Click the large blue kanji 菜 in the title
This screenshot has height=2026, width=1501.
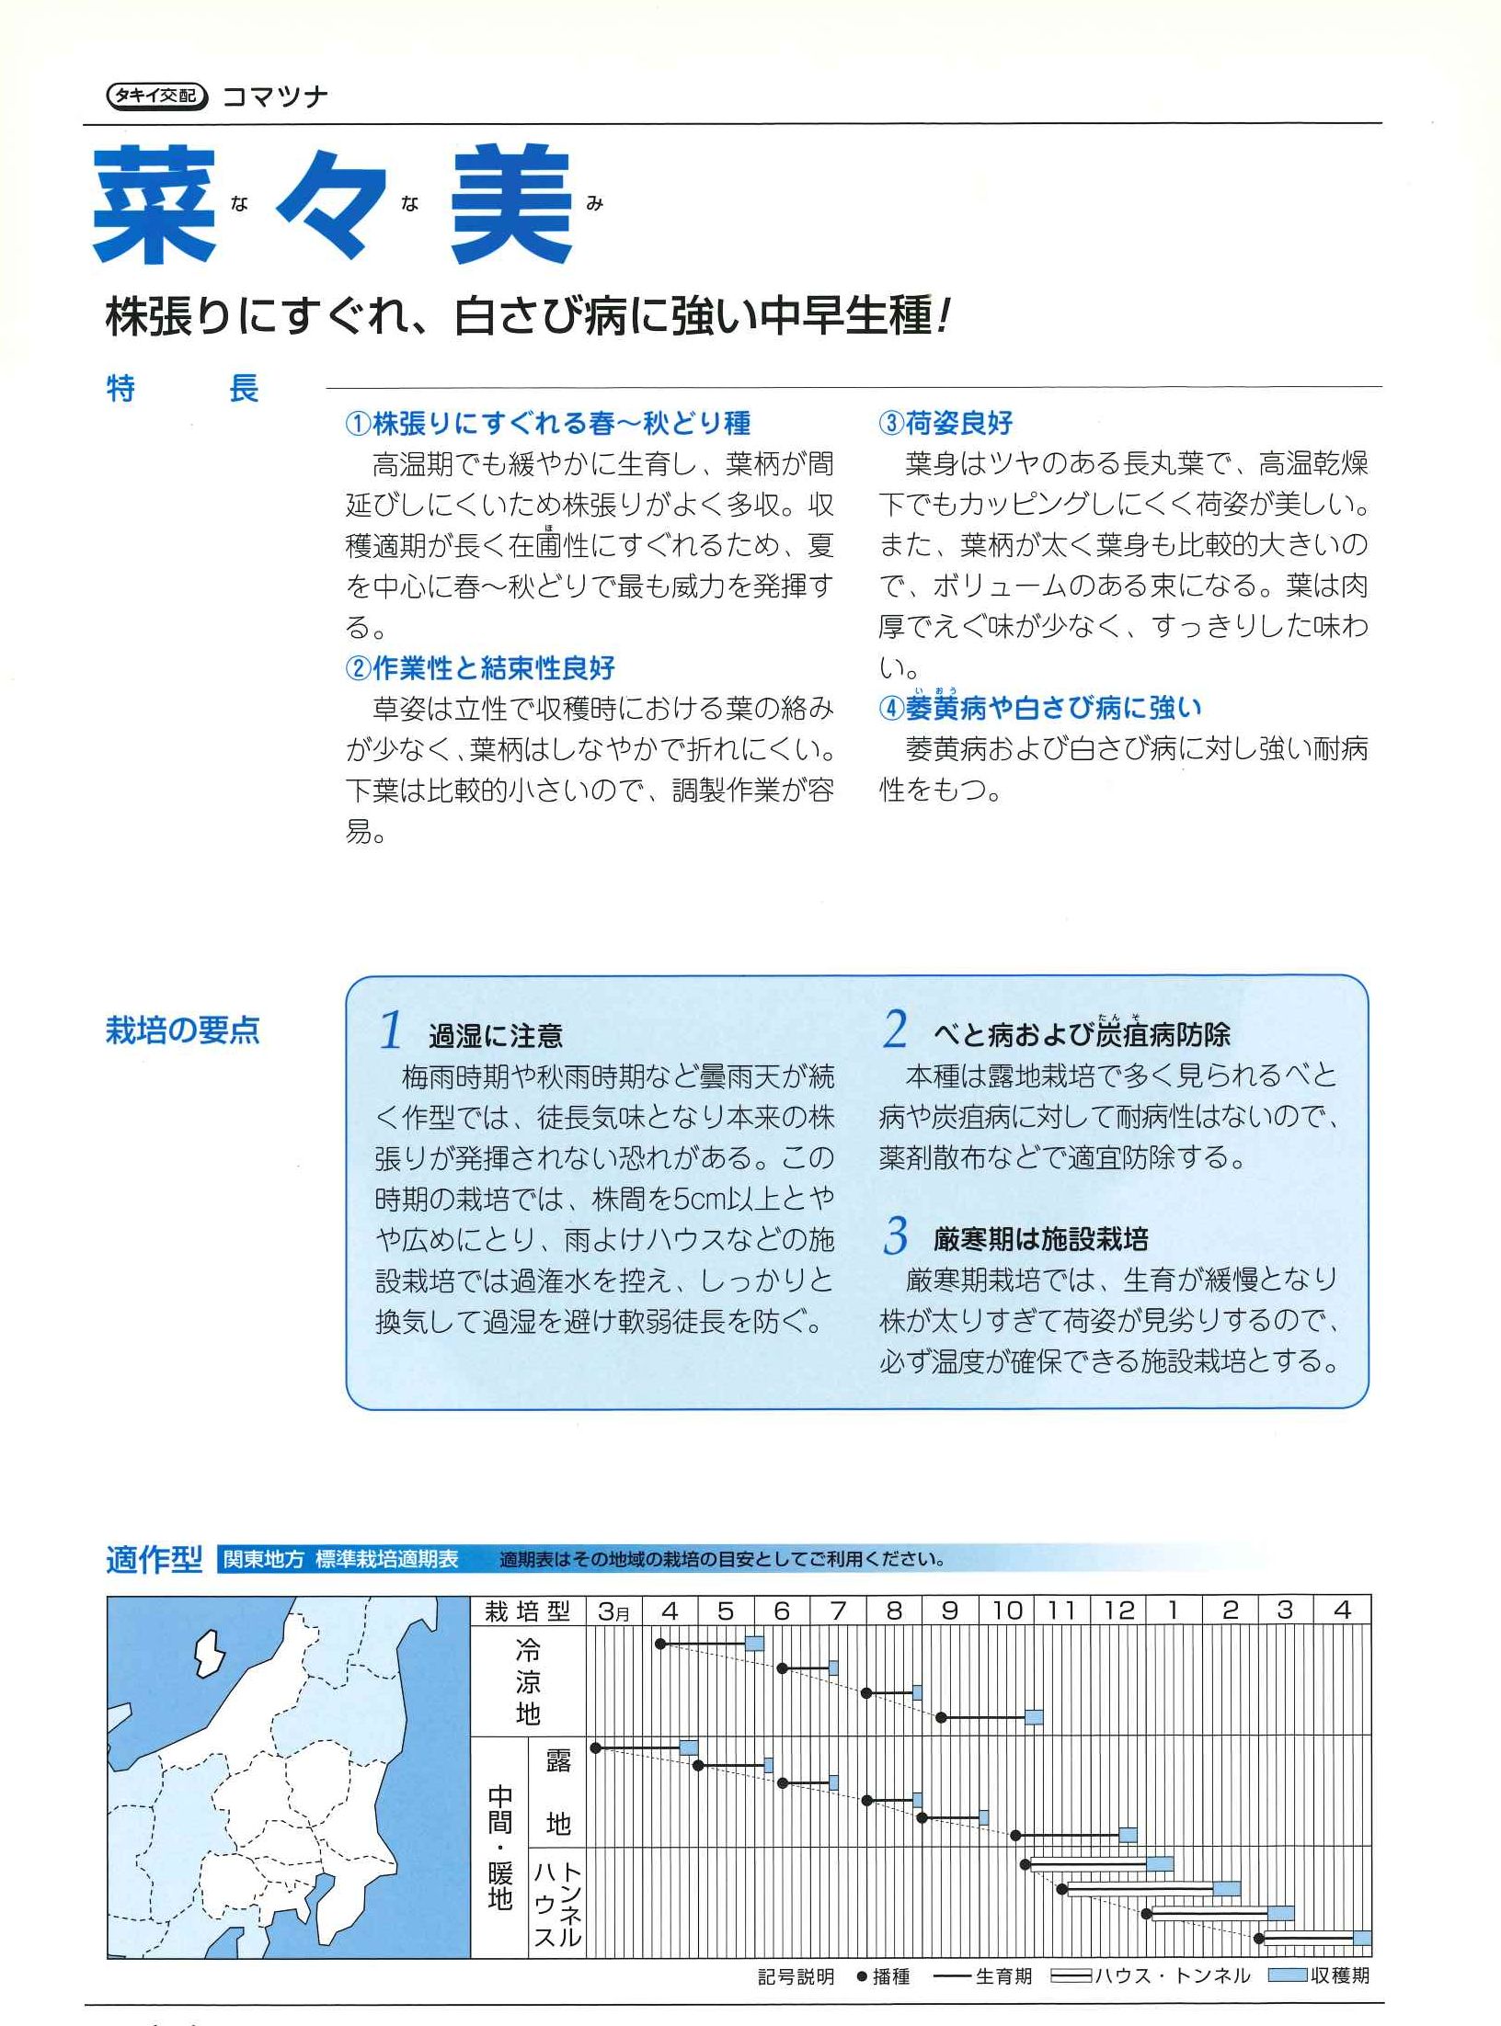pos(155,204)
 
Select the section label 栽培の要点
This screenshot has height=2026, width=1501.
pos(183,1030)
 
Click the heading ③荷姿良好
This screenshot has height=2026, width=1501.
pos(946,423)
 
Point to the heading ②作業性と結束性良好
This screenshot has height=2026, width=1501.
pos(480,667)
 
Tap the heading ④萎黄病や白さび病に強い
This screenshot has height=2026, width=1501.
pos(1040,707)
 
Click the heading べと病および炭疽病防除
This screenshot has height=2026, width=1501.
pos(1081,1034)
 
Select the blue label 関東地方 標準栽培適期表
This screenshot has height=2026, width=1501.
pos(340,1560)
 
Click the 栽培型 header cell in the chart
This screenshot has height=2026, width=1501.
pos(528,1611)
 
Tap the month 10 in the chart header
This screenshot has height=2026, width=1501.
pos(1007,1611)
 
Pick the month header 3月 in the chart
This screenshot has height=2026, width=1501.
pos(613,1611)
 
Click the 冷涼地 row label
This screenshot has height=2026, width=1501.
pos(528,1682)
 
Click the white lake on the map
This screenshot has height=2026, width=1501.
pos(211,1651)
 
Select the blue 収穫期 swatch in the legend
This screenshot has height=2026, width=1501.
pos(1287,1976)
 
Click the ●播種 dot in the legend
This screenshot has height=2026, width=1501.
pos(862,1976)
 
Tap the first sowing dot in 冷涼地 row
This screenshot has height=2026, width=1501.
pos(660,1643)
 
